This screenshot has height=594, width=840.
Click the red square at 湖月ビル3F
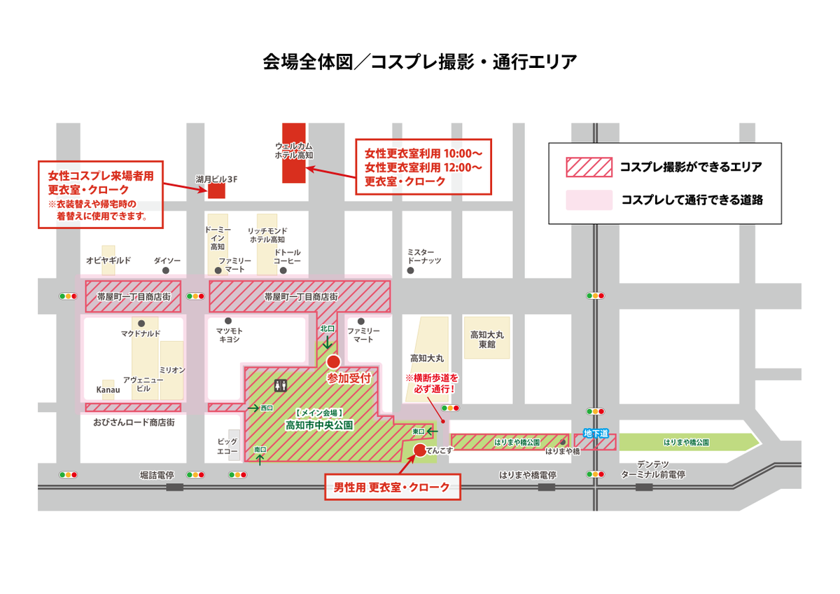click(216, 191)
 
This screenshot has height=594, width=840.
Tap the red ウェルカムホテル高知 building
click(293, 153)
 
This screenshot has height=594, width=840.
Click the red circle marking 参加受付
click(333, 361)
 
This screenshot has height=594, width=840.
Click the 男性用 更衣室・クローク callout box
click(393, 487)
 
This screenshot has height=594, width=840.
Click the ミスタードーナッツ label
click(423, 256)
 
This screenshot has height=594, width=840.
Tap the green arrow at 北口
click(327, 343)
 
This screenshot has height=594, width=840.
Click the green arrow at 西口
click(253, 407)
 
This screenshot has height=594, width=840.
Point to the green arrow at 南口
click(260, 459)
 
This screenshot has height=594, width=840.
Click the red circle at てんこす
click(419, 450)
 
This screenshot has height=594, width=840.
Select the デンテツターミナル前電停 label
click(652, 469)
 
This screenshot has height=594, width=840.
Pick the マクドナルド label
click(141, 333)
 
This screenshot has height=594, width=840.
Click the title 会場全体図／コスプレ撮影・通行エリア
click(419, 62)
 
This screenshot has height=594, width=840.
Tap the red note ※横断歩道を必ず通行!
click(433, 383)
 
